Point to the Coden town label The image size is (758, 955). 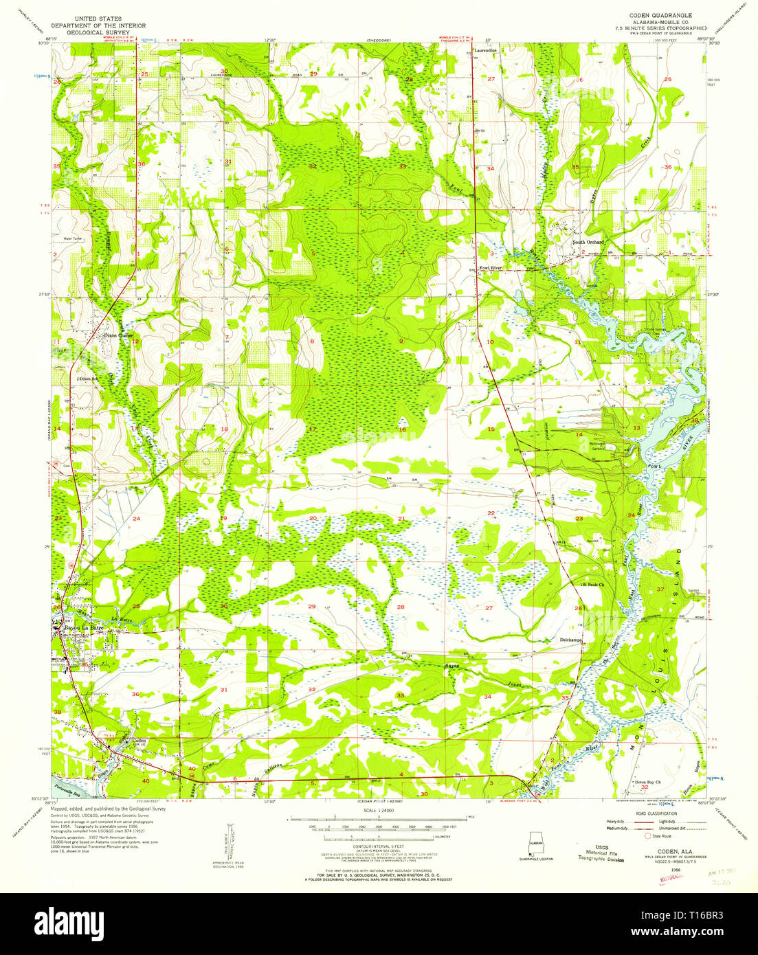(x=140, y=740)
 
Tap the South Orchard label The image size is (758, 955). (x=588, y=243)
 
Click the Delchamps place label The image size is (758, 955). (x=568, y=639)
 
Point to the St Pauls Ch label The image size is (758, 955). (x=592, y=585)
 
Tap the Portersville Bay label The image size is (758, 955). (x=71, y=791)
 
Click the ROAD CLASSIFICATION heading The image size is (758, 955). (x=659, y=812)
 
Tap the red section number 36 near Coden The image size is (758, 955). (x=135, y=695)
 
